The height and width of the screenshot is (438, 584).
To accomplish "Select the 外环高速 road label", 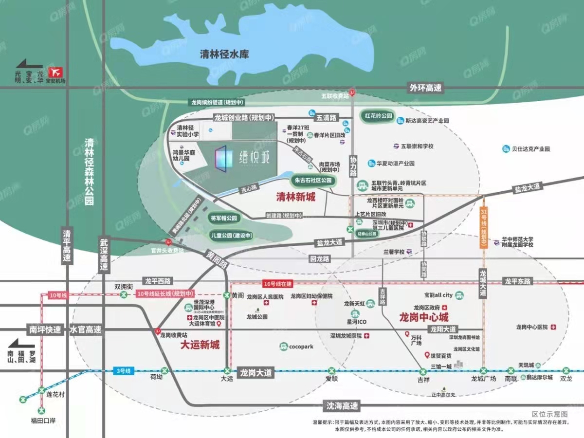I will click(x=425, y=88).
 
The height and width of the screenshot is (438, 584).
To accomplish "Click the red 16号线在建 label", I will click(x=276, y=283).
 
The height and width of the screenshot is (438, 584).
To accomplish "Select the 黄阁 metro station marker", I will click(x=227, y=295).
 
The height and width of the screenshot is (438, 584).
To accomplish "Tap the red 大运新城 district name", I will click(x=200, y=345).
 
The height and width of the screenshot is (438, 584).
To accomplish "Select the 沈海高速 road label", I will click(x=341, y=405).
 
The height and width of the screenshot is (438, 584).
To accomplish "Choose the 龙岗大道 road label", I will click(x=255, y=373).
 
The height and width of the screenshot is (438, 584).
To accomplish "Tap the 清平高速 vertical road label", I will click(x=67, y=246).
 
